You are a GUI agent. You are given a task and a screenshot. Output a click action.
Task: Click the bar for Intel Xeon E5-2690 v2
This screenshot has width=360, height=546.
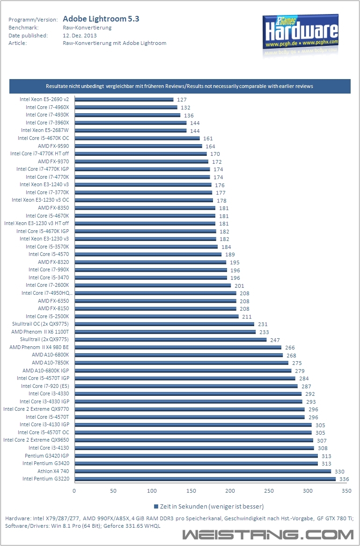point(124,100)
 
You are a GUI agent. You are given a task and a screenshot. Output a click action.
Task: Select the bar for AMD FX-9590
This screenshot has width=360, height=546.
point(138,146)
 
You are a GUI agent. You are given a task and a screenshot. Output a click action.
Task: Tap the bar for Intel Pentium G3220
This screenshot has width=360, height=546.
point(205,479)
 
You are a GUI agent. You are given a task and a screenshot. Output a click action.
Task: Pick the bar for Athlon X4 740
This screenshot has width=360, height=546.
point(203,471)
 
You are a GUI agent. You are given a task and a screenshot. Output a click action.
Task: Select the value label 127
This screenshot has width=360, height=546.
point(182,100)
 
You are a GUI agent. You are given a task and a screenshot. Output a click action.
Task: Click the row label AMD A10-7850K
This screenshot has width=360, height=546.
point(51,363)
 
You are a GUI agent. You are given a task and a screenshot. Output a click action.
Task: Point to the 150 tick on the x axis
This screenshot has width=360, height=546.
point(191,491)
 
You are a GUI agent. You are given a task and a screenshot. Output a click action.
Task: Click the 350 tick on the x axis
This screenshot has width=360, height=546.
point(346,491)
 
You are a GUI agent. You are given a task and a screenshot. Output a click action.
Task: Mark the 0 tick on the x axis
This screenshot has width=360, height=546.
point(74,491)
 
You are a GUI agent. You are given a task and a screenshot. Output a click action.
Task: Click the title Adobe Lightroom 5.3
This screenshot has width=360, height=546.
point(101,19)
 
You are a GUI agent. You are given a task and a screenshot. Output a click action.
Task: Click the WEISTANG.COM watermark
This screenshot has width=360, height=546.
point(268,534)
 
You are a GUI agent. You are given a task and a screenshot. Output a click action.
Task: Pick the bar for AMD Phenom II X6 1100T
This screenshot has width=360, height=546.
point(165,332)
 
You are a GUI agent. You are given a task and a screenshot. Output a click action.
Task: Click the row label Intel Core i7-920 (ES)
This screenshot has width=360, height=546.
point(45,386)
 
